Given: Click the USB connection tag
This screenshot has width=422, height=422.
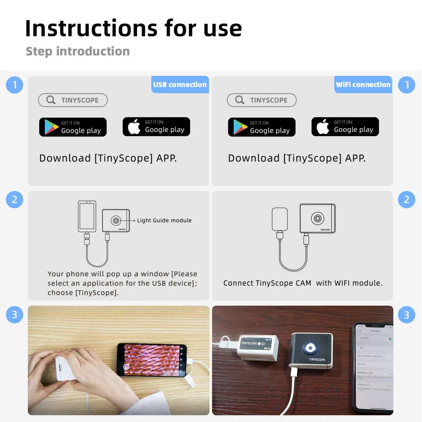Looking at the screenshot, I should point(180,84).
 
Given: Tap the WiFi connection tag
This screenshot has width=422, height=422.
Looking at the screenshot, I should point(363,84).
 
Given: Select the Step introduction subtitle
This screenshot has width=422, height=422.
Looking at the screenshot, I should point(78,51).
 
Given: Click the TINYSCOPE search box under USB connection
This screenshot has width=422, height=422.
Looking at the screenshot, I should point(73,100).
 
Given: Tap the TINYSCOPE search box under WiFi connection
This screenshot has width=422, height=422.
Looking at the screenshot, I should point(262,100).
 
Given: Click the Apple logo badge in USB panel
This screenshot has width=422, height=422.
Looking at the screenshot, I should point(156,126).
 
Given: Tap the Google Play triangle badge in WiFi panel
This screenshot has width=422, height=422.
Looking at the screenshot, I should point(262,127).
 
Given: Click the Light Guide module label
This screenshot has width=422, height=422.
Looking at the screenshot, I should point(164,220).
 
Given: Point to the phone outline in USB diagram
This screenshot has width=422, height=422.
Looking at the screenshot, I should point(87,216).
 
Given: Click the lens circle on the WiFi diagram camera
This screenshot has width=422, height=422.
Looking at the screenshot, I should point(317,218).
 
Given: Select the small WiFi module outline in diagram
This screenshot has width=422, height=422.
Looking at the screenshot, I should point(280,219).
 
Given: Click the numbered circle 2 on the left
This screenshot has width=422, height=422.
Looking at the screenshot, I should point(14,199).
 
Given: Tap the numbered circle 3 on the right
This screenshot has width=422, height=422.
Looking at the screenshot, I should point(406,314).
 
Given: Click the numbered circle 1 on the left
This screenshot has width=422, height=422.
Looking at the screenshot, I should point(14,85).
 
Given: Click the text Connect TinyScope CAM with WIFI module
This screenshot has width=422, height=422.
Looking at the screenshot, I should point(303,283).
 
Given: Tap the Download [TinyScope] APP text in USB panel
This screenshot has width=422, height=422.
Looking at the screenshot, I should point(108,158).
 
